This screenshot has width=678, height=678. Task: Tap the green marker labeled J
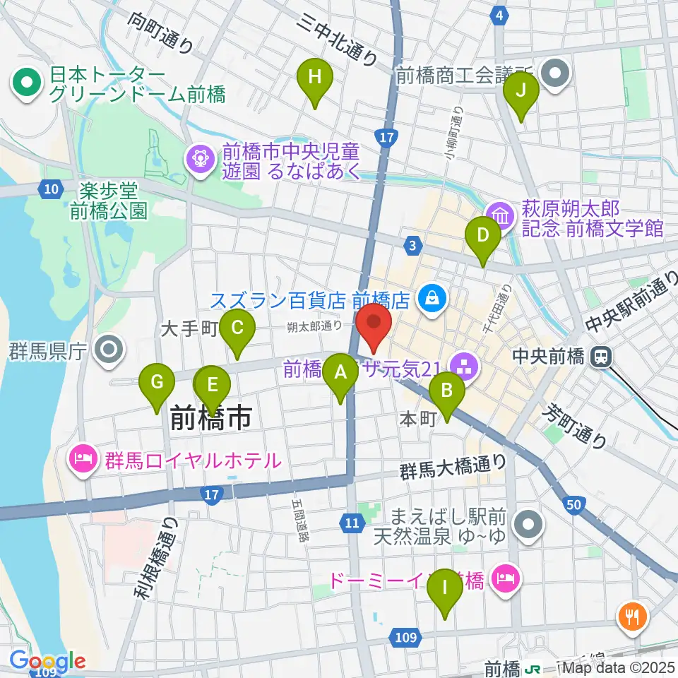521,91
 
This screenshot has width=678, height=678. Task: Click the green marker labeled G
157,383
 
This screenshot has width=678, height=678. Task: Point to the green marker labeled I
445,588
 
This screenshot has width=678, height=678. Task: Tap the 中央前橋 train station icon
602,357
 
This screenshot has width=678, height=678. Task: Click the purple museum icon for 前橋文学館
499,215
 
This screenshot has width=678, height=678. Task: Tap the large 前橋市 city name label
211,419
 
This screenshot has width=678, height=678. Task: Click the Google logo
47,662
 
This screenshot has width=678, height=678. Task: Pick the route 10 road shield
50,189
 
